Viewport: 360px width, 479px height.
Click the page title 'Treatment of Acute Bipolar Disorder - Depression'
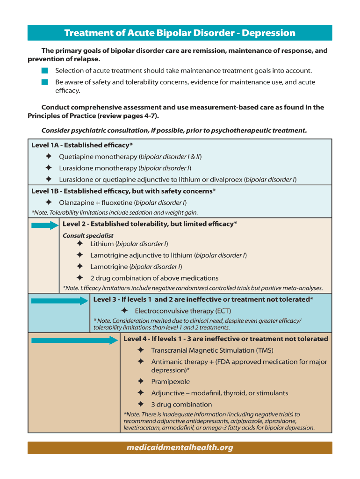point(180,33)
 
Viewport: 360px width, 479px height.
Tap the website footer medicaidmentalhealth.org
point(180,448)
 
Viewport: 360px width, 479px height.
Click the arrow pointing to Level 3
point(60,300)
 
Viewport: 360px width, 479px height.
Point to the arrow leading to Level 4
point(75,340)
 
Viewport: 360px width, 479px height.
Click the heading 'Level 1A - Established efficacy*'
point(82,145)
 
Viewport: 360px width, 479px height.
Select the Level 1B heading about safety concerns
point(123,191)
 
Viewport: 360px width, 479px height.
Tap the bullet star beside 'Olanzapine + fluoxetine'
point(48,202)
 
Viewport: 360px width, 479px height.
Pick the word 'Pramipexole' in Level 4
point(170,382)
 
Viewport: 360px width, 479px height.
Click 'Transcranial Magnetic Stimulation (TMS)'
point(212,350)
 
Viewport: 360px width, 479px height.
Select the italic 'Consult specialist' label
point(88,235)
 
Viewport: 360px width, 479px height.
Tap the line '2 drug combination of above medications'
point(154,278)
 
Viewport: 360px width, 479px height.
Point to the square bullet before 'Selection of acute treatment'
point(44,71)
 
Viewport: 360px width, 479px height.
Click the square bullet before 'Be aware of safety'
point(44,82)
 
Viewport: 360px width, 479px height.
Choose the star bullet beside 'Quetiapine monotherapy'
point(48,156)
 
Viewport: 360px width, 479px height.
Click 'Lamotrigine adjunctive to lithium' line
point(168,255)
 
